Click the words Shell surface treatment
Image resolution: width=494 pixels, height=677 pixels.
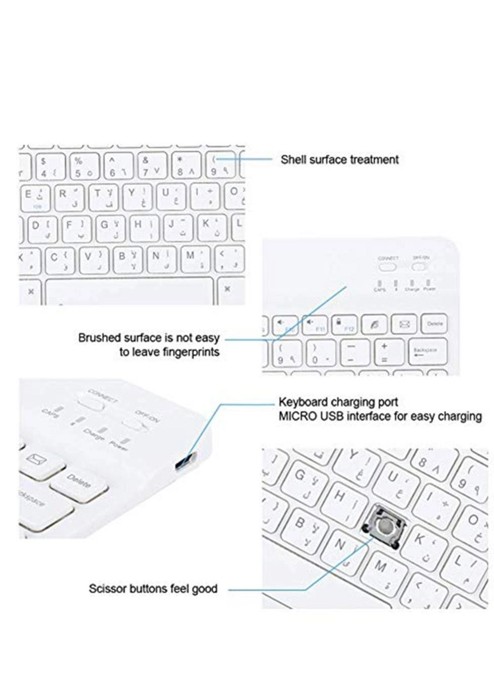pyautogui.click(x=339, y=160)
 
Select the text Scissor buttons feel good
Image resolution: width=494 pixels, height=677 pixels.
pyautogui.click(x=153, y=589)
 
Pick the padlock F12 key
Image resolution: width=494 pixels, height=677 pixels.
pyautogui.click(x=344, y=324)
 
